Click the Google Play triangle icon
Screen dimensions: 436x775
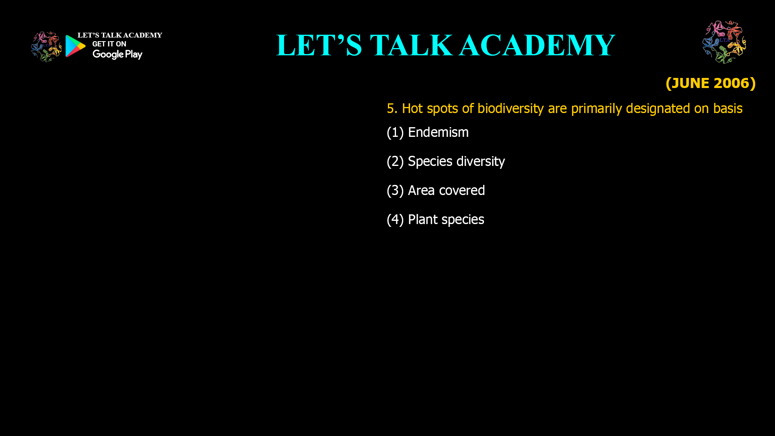[75, 46]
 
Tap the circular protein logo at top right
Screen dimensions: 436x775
[724, 42]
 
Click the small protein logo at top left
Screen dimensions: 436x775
[46, 47]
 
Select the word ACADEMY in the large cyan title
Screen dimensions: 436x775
[537, 45]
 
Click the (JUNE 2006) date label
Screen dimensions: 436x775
[710, 83]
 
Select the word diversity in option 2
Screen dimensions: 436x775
[480, 161]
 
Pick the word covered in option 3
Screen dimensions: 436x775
[462, 191]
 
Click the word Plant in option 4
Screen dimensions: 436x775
[423, 220]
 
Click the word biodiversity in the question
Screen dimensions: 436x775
[510, 109]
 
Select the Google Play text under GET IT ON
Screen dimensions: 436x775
[117, 55]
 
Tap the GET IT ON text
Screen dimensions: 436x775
[109, 44]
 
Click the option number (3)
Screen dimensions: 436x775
[395, 191]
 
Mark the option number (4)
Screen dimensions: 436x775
[395, 220]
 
